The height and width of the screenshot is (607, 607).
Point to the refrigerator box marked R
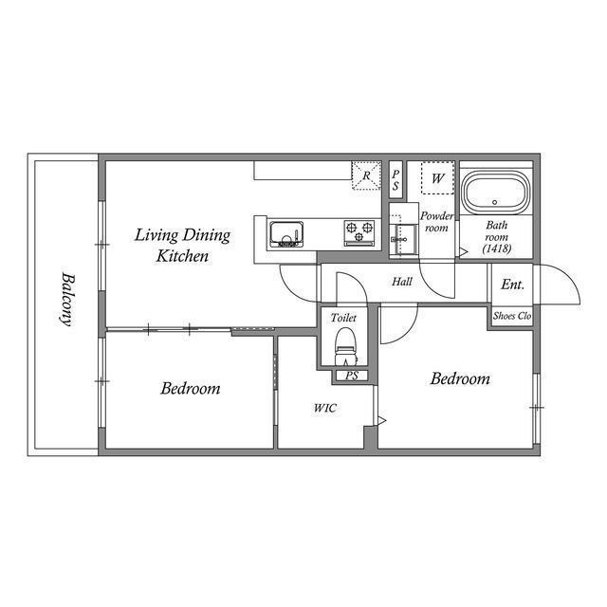[x=366, y=175]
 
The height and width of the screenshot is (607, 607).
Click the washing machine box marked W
[x=437, y=177]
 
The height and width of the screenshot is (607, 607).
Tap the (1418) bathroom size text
[x=496, y=248]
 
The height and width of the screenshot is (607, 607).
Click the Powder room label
[x=436, y=222]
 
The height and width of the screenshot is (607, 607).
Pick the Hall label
[x=402, y=282]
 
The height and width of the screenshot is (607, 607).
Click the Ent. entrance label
[x=513, y=284]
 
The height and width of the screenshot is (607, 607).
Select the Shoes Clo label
[x=512, y=316]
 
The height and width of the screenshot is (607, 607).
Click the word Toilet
[x=344, y=319]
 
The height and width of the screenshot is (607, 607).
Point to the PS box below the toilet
[x=351, y=376]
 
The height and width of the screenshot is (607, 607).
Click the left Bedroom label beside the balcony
[x=190, y=388]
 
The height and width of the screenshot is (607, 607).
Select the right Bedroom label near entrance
[x=460, y=378]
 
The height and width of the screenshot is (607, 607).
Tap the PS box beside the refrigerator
[x=395, y=177]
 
